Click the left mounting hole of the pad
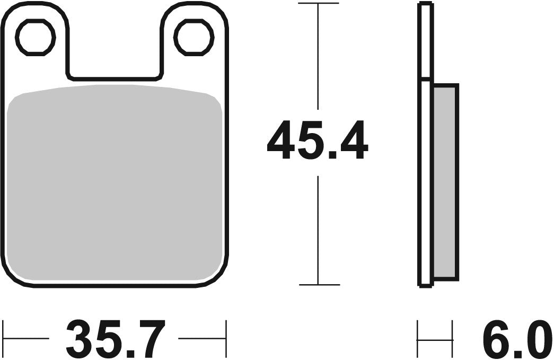coord(36,37)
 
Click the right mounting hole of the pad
coord(194,37)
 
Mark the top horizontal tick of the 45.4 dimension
coord(318,4)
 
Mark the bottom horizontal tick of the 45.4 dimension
coord(318,285)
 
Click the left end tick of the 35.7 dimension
coord(4,338)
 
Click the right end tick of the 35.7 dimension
coord(226,338)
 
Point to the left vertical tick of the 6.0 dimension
coord(418,338)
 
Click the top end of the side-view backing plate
coord(425,5)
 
